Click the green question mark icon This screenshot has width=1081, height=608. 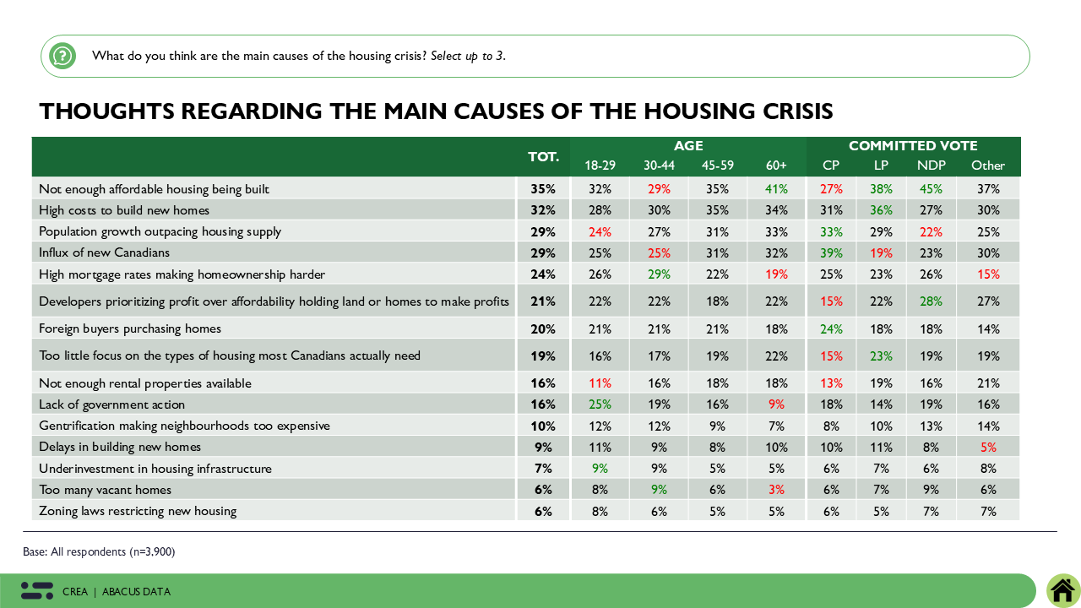[x=62, y=57]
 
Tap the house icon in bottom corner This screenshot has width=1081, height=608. [x=1062, y=590]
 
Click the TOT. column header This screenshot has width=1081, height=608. [x=543, y=157]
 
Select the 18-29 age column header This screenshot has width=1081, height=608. [x=600, y=166]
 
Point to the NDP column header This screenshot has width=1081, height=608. [x=931, y=166]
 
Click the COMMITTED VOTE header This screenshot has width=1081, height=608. [x=913, y=146]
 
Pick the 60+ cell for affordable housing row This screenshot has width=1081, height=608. [x=776, y=189]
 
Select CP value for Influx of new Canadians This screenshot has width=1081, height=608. [x=832, y=253]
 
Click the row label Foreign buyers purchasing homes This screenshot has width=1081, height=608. [x=130, y=328]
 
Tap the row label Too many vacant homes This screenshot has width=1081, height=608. [x=106, y=490]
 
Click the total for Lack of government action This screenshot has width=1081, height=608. [x=542, y=404]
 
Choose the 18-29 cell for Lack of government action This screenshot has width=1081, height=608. [x=600, y=404]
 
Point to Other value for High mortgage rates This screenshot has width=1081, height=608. [x=987, y=274]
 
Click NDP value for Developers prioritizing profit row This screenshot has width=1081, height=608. [x=931, y=301]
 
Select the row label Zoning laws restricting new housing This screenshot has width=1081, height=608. [x=138, y=511]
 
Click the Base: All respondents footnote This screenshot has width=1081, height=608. [x=99, y=552]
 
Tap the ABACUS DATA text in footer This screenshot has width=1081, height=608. [x=136, y=592]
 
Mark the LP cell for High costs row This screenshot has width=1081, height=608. [x=881, y=210]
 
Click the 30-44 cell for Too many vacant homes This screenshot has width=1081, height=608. [x=659, y=490]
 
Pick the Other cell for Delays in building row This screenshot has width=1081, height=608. [x=987, y=447]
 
